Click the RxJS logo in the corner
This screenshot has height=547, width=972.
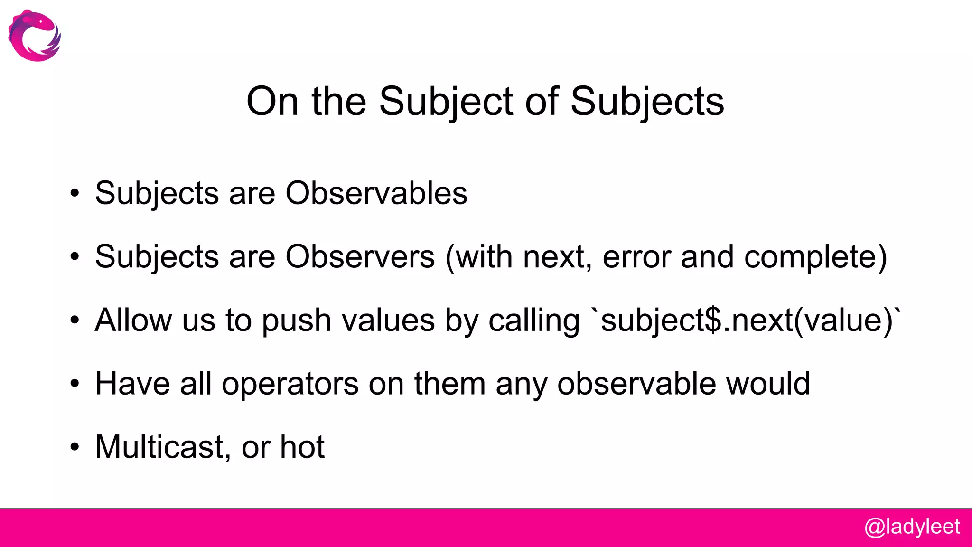point(35,36)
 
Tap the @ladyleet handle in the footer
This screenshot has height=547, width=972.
point(912,527)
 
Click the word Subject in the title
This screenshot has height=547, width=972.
point(446,102)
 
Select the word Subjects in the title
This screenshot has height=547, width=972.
point(647,102)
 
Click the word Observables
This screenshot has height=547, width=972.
point(376,193)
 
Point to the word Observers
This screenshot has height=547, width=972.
point(360,257)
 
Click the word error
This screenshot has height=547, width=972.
point(636,257)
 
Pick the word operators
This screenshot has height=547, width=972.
point(290,384)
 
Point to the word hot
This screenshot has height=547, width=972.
point(302,447)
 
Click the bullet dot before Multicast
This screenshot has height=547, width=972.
point(75,447)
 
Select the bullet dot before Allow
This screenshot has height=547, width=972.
point(75,320)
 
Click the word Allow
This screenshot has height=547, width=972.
point(133,320)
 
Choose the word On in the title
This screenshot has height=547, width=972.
point(272,102)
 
